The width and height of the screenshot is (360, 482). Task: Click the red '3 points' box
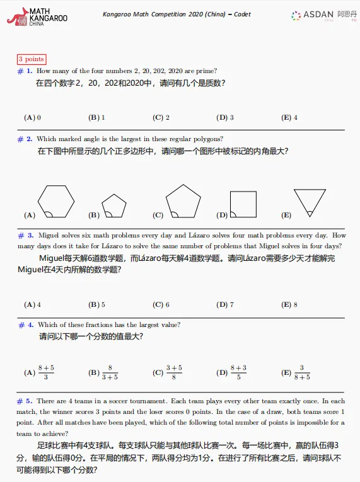[x=31, y=59]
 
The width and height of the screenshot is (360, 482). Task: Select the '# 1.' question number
[x=25, y=71]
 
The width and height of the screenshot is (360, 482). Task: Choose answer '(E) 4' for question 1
[x=289, y=117]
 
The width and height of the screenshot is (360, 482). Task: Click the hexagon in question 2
[x=56, y=201]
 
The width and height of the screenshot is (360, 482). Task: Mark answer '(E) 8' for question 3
[x=289, y=304]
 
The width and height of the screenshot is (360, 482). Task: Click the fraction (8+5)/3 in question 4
[x=46, y=372]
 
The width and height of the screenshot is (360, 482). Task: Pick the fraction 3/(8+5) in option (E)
[x=302, y=372]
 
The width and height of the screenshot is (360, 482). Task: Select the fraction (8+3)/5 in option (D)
[x=238, y=372]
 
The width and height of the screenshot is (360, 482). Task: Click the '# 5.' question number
[x=25, y=401]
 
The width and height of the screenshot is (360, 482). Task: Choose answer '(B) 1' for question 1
[x=96, y=117]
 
